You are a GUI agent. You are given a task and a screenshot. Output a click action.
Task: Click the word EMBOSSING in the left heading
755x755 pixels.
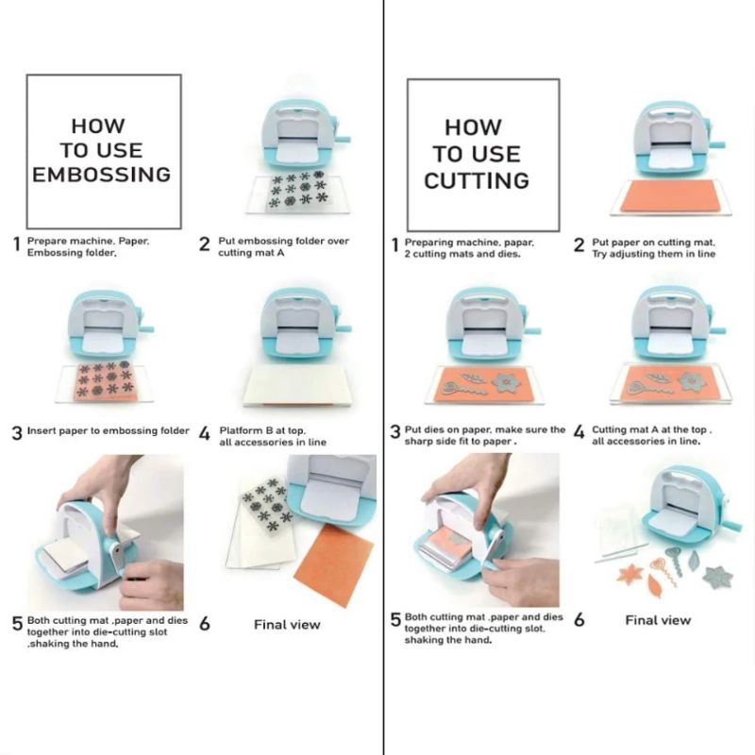102,175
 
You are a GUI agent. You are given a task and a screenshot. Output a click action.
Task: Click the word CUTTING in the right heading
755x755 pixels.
477,180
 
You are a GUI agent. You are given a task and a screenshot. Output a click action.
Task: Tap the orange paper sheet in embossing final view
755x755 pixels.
334,565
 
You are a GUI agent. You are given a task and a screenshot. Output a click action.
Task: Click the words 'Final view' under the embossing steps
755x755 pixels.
287,625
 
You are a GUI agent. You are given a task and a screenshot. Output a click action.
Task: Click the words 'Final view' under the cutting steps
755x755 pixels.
658,620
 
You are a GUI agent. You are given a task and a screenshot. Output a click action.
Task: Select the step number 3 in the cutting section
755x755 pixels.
395,431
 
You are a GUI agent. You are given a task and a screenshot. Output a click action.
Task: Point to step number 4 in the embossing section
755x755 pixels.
205,433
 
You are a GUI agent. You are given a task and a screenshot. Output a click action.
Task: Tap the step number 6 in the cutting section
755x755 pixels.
579,619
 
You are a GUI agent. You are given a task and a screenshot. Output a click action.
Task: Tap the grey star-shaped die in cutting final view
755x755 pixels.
717,577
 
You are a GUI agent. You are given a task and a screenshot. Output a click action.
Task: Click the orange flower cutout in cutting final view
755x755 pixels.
630,575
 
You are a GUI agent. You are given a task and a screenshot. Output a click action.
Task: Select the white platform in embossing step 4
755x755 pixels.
294,387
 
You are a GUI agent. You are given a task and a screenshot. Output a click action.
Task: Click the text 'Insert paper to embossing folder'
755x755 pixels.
109,430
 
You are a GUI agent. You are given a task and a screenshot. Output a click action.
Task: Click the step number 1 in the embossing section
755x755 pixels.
17,243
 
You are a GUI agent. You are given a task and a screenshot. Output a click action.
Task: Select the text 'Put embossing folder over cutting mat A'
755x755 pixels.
284,246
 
